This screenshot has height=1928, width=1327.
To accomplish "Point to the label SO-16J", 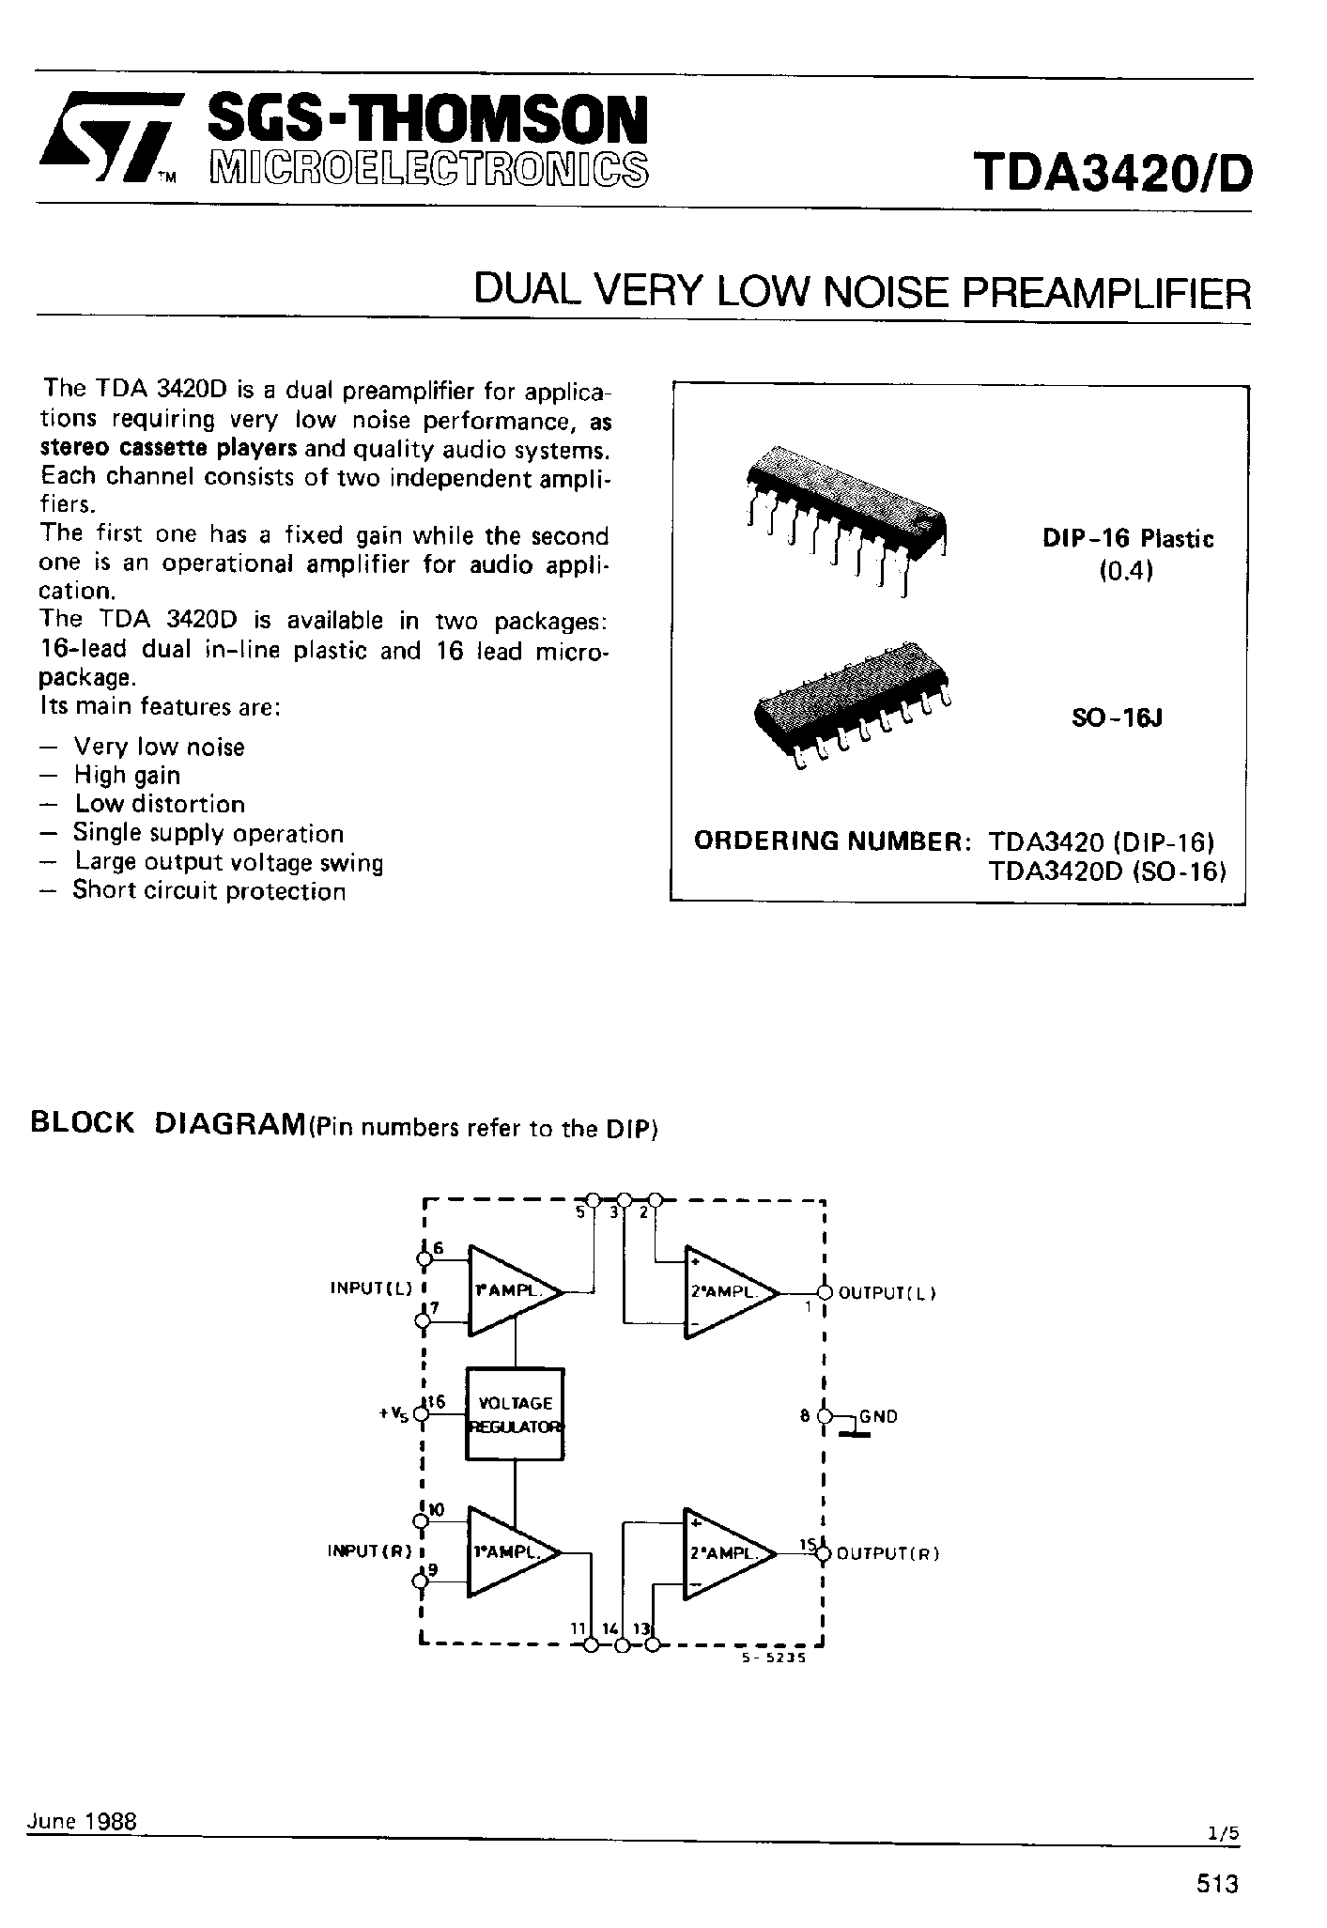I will click(1117, 718).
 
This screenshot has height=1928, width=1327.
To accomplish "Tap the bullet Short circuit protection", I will click(208, 891).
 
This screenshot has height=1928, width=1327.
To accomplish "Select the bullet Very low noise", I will click(159, 748).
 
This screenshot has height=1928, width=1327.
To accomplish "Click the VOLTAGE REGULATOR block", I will click(515, 1414).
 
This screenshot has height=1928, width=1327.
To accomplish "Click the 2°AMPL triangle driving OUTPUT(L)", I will click(727, 1292).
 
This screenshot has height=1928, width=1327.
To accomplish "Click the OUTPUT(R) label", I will click(887, 1553).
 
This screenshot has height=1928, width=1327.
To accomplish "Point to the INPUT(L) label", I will click(371, 1289).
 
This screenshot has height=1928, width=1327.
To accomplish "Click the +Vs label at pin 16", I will click(393, 1414).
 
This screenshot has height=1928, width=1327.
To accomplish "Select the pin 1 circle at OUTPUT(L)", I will click(824, 1292).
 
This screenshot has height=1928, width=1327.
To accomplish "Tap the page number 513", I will click(1217, 1883).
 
